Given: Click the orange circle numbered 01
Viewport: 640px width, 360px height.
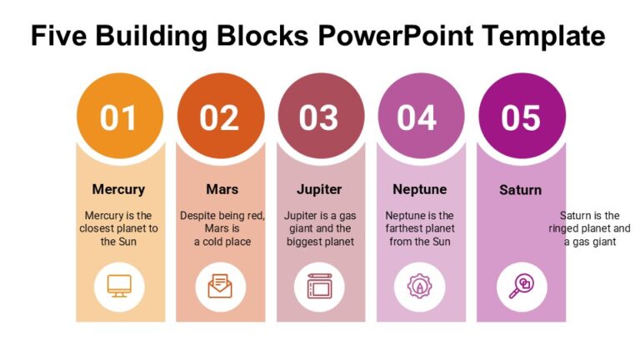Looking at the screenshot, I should coord(119,117).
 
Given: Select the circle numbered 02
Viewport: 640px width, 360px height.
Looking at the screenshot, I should coord(220,117).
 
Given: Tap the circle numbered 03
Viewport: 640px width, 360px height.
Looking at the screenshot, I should coord(320,117).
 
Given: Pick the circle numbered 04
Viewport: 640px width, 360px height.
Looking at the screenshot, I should coord(420,117).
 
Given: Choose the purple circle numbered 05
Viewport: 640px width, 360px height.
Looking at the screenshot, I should coord(521,117).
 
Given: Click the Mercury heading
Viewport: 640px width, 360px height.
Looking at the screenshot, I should coord(118,189).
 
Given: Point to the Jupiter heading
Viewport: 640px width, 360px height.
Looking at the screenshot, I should coord(320,189).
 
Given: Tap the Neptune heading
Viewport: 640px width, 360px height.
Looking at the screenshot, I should coord(420,189).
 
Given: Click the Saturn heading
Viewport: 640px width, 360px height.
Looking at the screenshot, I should coord(521,190).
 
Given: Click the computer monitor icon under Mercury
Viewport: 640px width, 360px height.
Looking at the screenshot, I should coord(119,286).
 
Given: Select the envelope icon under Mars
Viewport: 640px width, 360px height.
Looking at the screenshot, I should coord(220,286).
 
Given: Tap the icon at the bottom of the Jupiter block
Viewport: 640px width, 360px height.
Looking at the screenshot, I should coord(320,286).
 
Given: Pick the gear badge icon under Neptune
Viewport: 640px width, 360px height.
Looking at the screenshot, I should coord(420,286).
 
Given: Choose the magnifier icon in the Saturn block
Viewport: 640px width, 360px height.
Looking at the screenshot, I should coord(521,286).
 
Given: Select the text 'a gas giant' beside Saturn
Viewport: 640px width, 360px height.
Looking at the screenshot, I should coord(589,242).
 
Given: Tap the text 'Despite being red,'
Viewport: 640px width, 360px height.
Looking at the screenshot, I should coord(222,215).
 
